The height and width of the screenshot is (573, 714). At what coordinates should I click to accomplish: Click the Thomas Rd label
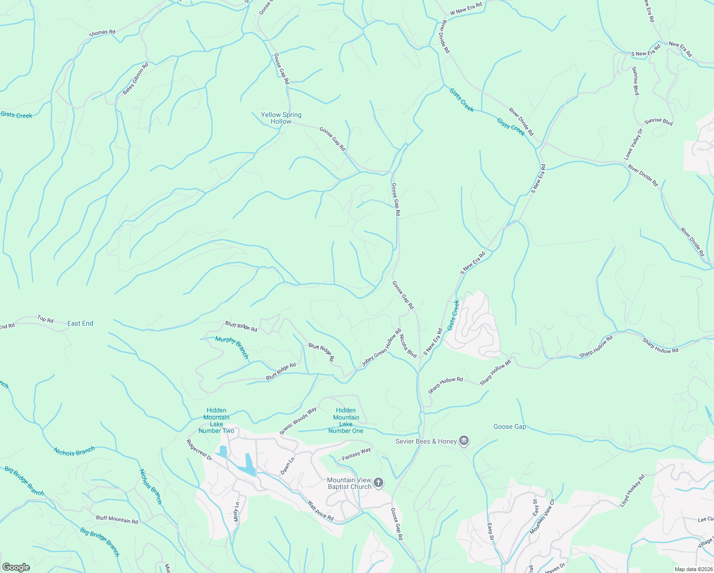click(103, 33)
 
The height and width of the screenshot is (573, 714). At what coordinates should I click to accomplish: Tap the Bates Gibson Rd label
click(136, 79)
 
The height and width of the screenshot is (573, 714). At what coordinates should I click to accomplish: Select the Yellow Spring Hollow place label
click(281, 118)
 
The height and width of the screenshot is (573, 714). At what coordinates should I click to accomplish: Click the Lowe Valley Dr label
click(633, 144)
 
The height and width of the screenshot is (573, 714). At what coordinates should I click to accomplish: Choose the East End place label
click(80, 323)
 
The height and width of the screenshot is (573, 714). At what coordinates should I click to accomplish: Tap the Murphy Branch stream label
click(232, 347)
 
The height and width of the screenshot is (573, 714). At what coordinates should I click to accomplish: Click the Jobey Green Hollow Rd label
click(381, 348)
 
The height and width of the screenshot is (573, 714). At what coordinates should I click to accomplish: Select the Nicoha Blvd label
click(408, 346)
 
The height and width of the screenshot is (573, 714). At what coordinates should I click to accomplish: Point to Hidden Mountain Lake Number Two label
click(216, 420)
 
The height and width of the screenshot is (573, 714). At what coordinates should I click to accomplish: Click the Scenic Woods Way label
click(298, 421)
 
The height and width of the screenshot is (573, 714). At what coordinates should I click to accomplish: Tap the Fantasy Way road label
click(357, 454)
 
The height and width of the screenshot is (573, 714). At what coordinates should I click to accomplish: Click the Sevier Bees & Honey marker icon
click(464, 441)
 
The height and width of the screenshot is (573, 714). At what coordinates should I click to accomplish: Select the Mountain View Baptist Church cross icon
click(378, 483)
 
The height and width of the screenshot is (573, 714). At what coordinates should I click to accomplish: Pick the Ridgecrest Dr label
click(199, 450)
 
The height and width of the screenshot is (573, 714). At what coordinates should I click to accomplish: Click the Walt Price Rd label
click(320, 510)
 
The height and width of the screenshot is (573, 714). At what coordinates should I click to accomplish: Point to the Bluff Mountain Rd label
click(117, 519)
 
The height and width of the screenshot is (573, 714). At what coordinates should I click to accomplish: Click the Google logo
click(16, 567)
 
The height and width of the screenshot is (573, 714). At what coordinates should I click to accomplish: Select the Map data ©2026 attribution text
click(693, 569)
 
